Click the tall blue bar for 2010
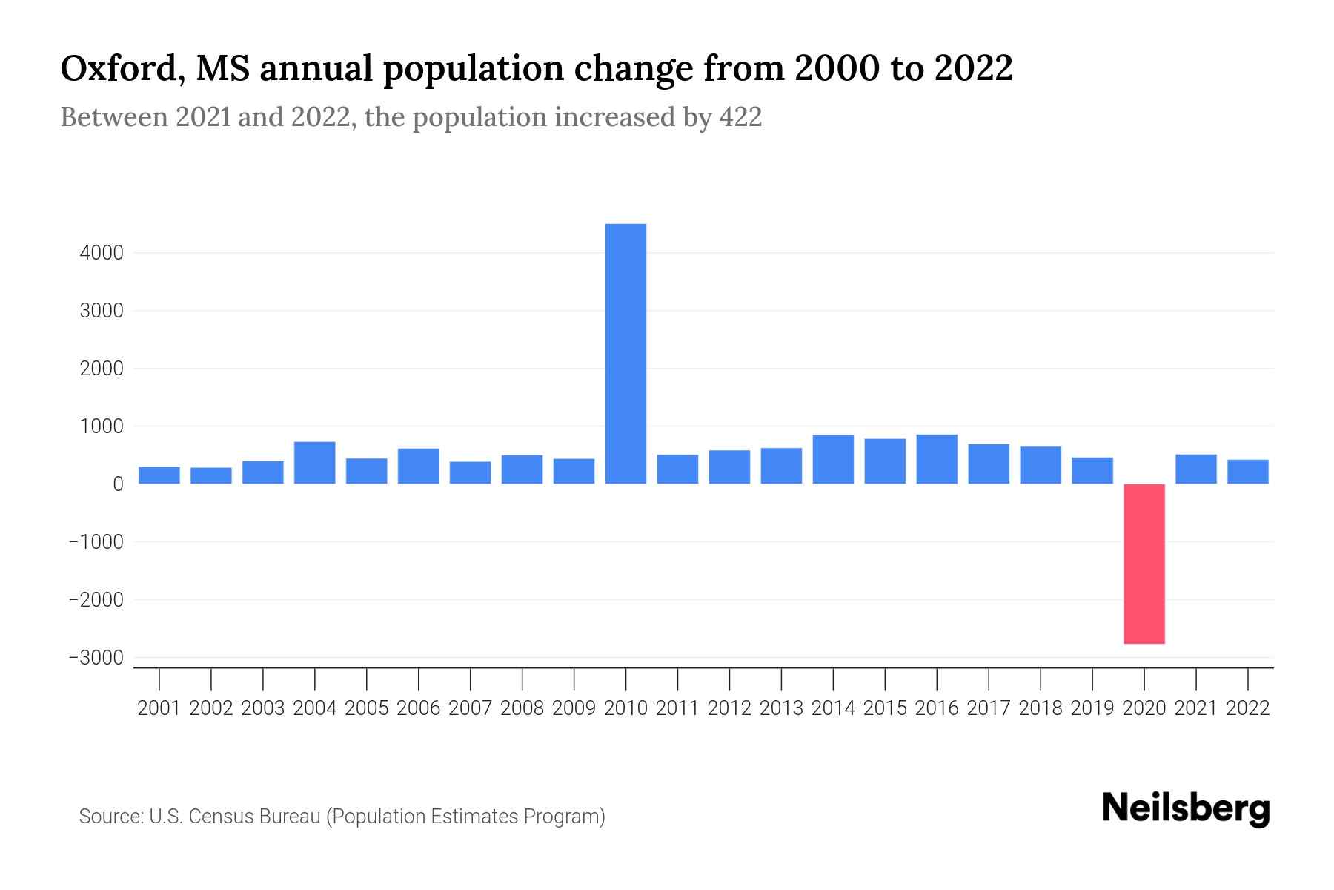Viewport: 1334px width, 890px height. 625,354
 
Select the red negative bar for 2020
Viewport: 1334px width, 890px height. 1144,564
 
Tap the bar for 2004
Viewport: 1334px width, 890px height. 314,463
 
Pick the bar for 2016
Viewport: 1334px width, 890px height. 937,459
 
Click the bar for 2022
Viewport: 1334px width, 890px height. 1247,472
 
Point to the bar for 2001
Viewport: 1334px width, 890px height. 159,475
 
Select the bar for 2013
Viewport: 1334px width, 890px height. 781,466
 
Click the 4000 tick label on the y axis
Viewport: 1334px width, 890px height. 102,253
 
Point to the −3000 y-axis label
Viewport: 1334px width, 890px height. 96,658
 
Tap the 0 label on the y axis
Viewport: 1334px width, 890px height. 118,484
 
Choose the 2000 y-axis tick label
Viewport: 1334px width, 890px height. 102,369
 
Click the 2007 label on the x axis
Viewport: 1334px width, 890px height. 470,708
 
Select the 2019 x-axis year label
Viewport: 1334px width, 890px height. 1092,708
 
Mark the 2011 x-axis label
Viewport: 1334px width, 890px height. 677,708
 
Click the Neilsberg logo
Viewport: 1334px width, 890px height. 1186,808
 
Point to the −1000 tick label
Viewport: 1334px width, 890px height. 96,542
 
